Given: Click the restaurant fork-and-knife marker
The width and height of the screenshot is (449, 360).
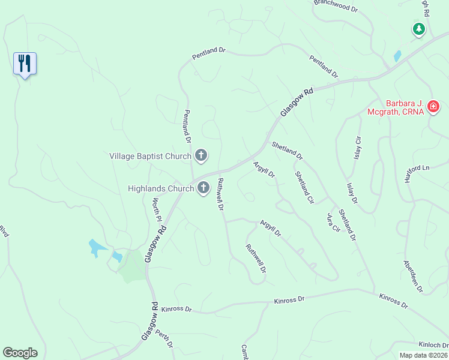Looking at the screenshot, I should [x=25, y=63].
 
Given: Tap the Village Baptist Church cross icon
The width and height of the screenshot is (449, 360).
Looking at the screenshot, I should [x=201, y=156].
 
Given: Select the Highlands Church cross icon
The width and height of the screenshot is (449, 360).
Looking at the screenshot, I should [x=203, y=188].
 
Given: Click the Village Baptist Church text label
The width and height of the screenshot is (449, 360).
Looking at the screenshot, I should [x=150, y=156].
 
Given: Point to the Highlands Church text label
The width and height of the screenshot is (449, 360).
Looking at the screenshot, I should [x=161, y=188].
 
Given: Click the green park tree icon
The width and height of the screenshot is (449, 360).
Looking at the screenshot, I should [x=418, y=29].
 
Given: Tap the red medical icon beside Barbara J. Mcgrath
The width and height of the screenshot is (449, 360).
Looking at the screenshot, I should [x=433, y=107].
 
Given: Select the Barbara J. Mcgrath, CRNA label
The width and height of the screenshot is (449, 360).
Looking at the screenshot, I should [x=396, y=107].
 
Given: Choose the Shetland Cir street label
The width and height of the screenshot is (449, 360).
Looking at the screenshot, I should [x=304, y=187].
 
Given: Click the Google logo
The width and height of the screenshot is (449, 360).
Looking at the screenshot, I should [x=20, y=353].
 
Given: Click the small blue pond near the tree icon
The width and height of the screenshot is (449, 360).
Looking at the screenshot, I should [x=397, y=56].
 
